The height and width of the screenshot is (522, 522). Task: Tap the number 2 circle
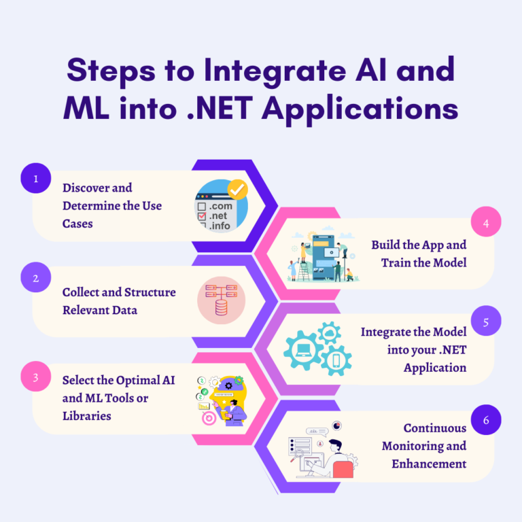coord(36,277)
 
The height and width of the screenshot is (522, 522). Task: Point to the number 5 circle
coord(486,321)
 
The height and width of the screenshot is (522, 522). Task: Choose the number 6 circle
coord(486,419)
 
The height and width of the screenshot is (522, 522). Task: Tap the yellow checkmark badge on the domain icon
coord(237,189)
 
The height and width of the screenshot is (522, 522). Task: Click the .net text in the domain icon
coord(219,215)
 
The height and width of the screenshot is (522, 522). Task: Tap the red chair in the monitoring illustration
coord(343,469)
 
